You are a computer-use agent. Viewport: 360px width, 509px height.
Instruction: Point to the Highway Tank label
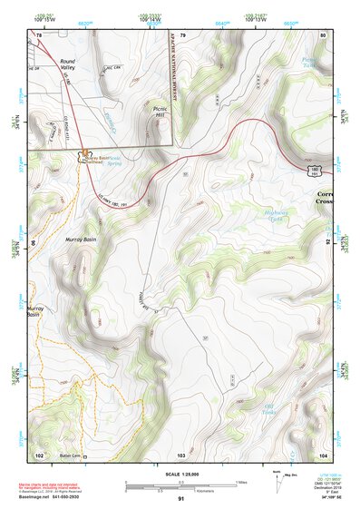(x=275, y=216)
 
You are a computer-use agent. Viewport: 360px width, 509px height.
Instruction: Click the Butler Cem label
(x=69, y=455)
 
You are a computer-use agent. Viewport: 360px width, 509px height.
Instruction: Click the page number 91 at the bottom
(x=180, y=499)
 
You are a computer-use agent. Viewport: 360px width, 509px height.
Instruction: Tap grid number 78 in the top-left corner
(x=39, y=34)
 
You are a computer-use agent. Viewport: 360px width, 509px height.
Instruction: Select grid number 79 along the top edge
(x=182, y=34)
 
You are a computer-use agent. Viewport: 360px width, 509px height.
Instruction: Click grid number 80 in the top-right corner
(x=322, y=34)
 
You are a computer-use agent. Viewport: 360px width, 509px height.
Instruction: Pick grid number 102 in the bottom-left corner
(x=39, y=455)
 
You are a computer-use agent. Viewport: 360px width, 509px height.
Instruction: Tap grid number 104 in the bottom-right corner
(x=322, y=455)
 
